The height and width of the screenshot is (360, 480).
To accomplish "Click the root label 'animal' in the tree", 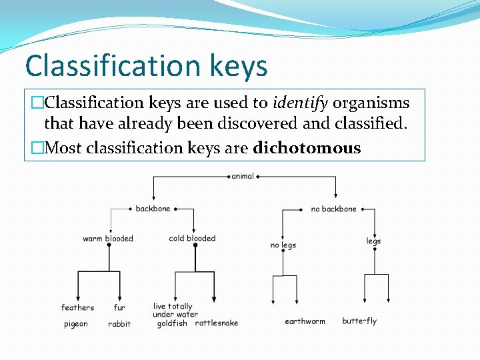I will [x=243, y=176].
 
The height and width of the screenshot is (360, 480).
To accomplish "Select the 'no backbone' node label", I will [x=333, y=209].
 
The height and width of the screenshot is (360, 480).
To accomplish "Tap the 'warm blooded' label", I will [x=108, y=239].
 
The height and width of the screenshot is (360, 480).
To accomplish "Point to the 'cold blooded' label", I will [x=192, y=238].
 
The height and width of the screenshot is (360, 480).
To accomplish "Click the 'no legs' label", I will [x=283, y=245].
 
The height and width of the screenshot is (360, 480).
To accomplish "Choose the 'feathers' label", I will [x=77, y=307].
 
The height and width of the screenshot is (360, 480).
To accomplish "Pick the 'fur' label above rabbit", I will [x=119, y=307].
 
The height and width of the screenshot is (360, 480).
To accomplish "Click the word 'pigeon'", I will [x=75, y=324].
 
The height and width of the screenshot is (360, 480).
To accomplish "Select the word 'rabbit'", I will [x=119, y=324].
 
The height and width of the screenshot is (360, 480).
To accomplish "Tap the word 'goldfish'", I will [x=172, y=323].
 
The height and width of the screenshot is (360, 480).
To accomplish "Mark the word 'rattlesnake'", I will [x=217, y=323].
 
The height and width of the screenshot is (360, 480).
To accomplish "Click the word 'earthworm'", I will [x=305, y=321].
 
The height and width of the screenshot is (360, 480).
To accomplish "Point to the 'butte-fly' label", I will [x=359, y=321].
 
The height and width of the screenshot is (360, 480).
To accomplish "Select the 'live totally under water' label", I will [x=175, y=311].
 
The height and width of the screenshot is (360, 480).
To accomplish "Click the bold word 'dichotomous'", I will [x=307, y=148].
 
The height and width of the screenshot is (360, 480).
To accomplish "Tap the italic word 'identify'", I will [x=300, y=103].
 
